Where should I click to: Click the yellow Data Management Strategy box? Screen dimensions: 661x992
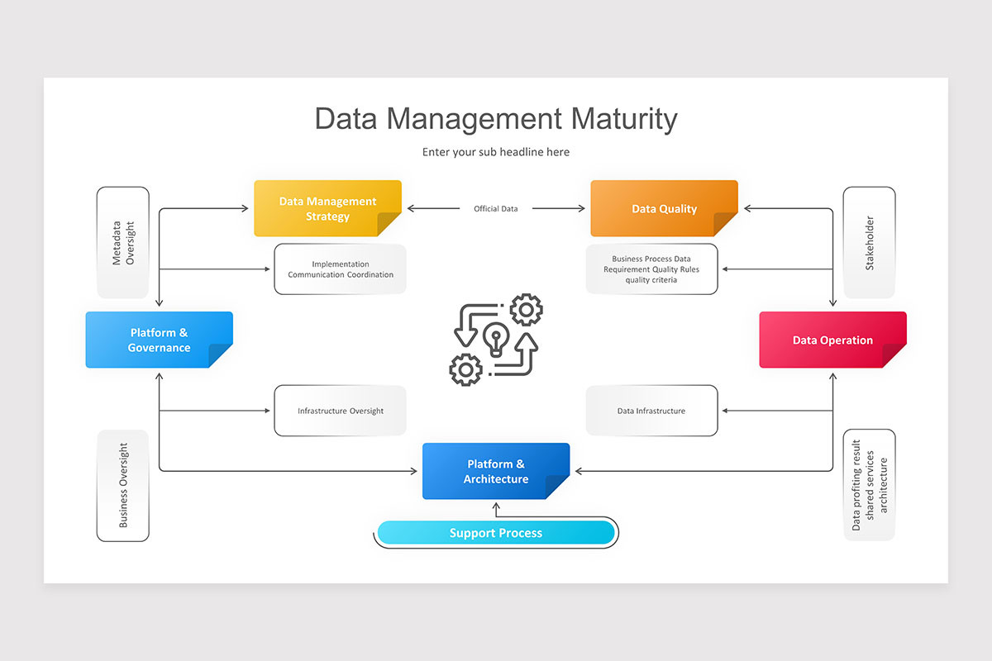click(327, 208)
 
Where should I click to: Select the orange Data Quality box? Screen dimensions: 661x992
click(664, 208)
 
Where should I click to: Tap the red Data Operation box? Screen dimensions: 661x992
click(832, 340)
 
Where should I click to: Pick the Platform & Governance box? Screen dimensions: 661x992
click(159, 340)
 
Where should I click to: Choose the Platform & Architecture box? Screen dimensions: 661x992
click(495, 471)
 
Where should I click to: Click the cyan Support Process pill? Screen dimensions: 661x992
click(496, 533)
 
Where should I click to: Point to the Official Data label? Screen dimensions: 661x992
click(496, 209)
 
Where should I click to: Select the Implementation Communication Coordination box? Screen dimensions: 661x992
click(340, 269)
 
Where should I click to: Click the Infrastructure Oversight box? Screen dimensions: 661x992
click(340, 411)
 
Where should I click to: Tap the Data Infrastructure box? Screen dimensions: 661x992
click(651, 411)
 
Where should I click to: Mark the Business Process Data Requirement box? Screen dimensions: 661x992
click(651, 269)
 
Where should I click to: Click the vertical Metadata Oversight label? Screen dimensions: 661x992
click(122, 242)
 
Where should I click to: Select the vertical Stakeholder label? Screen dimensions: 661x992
click(869, 242)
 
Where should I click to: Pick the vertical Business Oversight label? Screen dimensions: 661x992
click(123, 486)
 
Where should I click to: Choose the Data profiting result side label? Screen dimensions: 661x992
click(869, 485)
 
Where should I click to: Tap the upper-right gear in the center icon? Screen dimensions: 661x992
click(526, 311)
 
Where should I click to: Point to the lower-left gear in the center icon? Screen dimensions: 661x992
click(465, 369)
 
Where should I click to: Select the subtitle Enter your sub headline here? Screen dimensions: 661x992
click(496, 152)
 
